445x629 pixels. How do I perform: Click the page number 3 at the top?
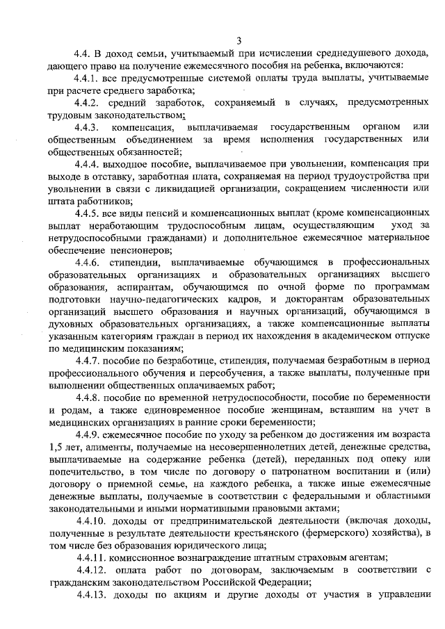click(x=238, y=39)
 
